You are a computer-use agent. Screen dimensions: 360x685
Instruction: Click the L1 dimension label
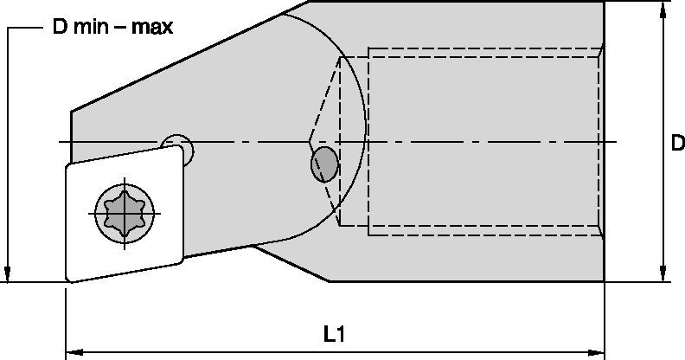click(333, 333)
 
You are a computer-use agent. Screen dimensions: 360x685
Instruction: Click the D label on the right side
click(677, 145)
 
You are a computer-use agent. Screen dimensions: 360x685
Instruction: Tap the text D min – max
click(112, 27)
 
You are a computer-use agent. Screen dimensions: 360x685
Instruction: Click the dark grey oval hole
click(325, 162)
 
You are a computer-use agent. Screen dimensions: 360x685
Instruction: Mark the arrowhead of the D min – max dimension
click(8, 274)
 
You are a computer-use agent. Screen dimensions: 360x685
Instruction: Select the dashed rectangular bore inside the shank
click(484, 141)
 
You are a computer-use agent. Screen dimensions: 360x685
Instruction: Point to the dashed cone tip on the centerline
click(309, 141)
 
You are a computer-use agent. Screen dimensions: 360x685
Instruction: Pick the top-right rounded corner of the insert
click(182, 151)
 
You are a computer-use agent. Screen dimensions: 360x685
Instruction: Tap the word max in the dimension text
click(154, 27)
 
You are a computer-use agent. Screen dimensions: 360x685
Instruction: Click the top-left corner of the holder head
click(72, 111)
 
